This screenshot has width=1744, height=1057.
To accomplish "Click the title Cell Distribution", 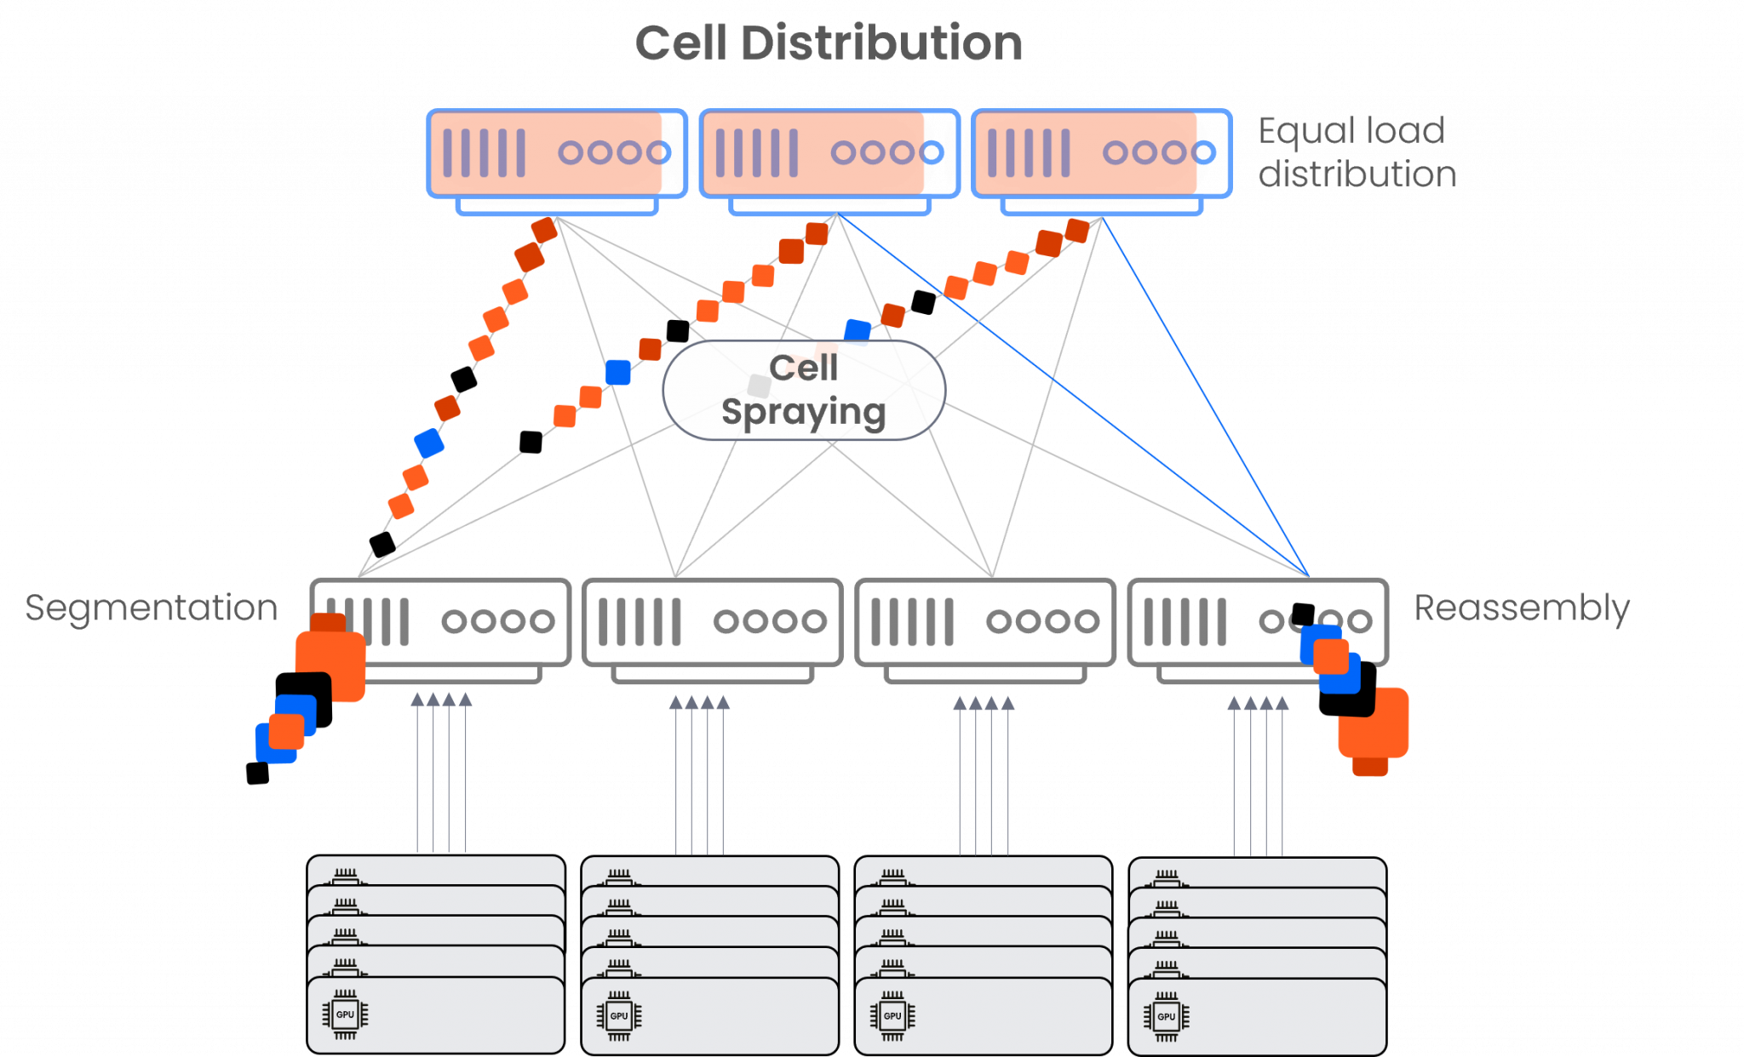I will pyautogui.click(x=829, y=43).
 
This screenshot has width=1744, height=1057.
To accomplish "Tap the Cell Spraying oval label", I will pyautogui.click(x=804, y=391).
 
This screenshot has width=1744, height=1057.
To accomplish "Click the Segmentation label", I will pyautogui.click(x=151, y=608).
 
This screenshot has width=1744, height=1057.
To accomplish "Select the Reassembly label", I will pyautogui.click(x=1522, y=608).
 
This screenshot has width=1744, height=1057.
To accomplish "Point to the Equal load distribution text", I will pyautogui.click(x=1357, y=152).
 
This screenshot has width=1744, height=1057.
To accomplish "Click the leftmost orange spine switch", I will pyautogui.click(x=557, y=154).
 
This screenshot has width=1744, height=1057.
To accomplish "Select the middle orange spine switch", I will pyautogui.click(x=829, y=154).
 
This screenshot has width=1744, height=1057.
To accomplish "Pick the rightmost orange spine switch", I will pyautogui.click(x=1102, y=154).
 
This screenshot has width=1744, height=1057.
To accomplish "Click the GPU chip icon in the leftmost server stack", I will pyautogui.click(x=345, y=1014).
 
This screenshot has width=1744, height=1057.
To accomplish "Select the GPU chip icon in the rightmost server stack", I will pyautogui.click(x=1166, y=1016).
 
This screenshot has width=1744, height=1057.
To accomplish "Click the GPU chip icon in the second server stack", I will pyautogui.click(x=619, y=1015).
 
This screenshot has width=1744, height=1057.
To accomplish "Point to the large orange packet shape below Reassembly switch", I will pyautogui.click(x=1374, y=728).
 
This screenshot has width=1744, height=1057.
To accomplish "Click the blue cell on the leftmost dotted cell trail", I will pyautogui.click(x=429, y=443).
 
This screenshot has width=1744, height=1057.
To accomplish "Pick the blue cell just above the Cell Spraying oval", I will pyautogui.click(x=857, y=330).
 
